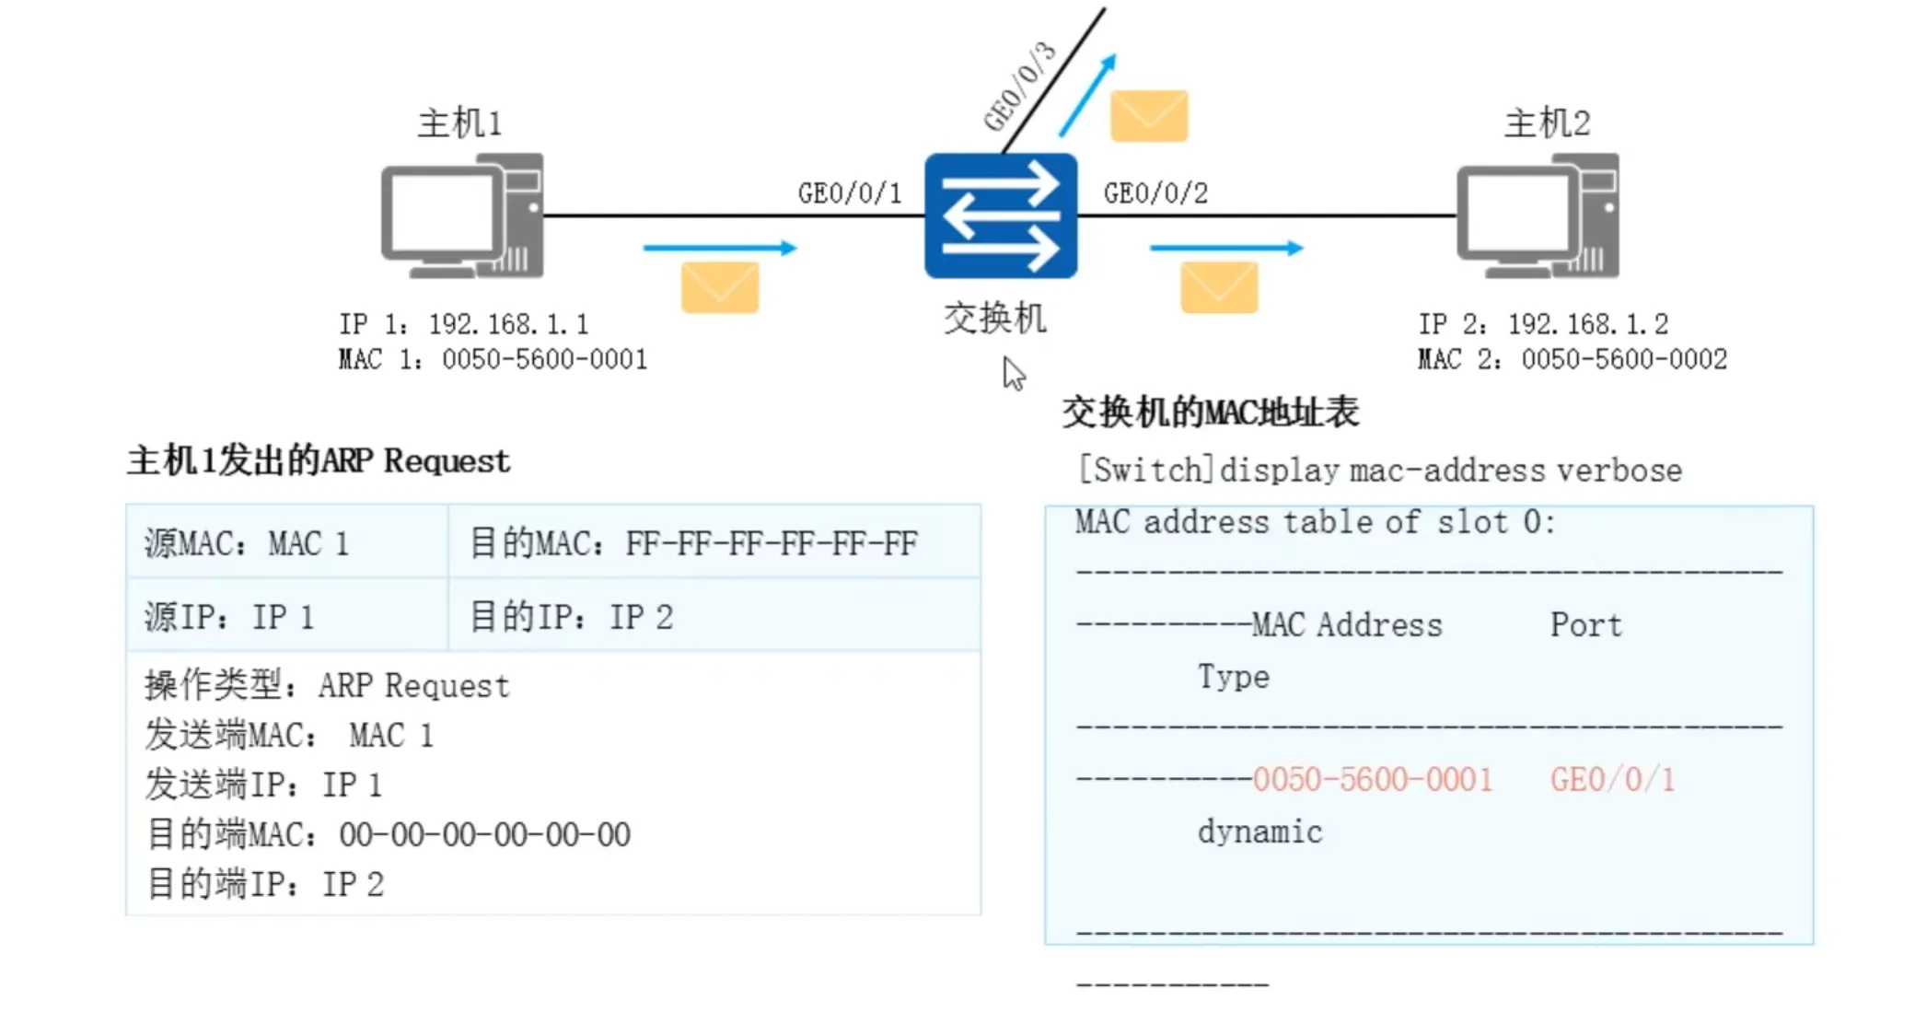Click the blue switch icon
1000,215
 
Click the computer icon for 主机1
462,215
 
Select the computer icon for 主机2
1538,215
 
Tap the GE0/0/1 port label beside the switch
849,193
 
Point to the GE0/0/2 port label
1155,193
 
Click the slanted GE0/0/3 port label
1019,87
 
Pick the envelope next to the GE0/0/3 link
1148,116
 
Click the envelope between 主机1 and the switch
720,287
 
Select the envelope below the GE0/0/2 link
1219,287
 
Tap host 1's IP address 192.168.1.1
508,324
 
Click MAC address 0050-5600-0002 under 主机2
1624,359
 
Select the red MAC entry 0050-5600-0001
1372,780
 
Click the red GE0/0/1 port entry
1612,780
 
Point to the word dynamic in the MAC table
1259,832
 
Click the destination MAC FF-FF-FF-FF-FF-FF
772,543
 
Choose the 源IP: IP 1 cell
229,617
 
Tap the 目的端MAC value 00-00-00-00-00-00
484,835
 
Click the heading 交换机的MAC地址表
1210,413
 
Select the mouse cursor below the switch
1013,373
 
